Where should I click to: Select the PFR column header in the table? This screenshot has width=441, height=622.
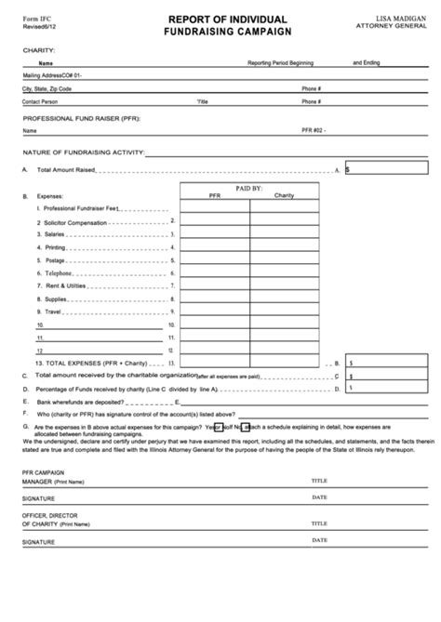214,196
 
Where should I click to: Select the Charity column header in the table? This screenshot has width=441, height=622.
284,196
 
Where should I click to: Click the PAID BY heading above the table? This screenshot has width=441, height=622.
249,187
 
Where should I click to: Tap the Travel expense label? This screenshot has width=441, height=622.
52,312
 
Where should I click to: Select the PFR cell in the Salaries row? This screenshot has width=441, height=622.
214,235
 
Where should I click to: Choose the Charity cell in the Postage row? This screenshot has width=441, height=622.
284,260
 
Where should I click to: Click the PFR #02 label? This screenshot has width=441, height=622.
314,131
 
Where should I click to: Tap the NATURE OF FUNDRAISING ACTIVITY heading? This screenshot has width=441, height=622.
85,151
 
